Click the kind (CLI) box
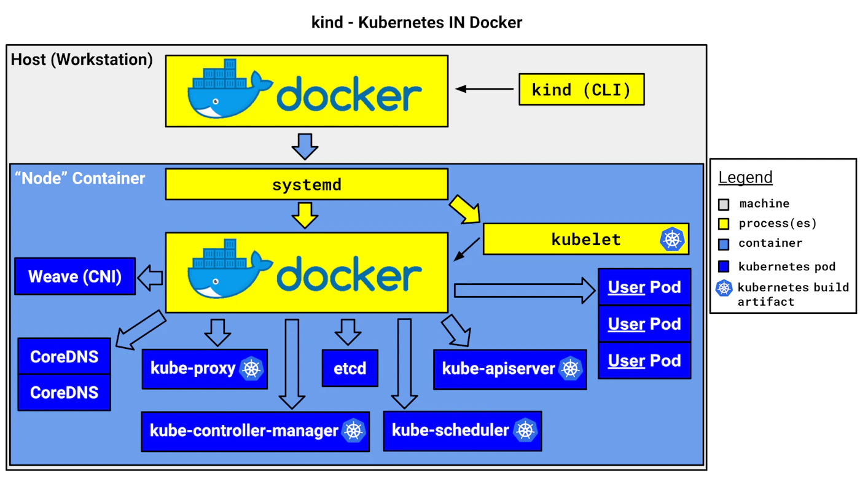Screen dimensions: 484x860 [x=581, y=90]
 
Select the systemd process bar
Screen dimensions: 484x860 [x=306, y=185]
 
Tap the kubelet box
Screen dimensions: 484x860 [x=585, y=239]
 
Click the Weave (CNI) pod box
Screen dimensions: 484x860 [x=75, y=276]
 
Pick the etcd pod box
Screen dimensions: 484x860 [x=350, y=369]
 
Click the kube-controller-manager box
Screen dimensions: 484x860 [x=255, y=431]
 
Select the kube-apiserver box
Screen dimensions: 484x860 [x=509, y=369]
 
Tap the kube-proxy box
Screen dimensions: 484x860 [x=205, y=369]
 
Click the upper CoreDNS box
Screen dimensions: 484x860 [x=64, y=356]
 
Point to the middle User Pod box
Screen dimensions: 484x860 [x=644, y=324]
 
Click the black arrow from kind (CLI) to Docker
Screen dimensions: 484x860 [x=485, y=90]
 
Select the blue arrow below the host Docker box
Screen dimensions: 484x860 [x=305, y=145]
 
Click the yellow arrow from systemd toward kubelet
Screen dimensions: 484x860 [x=465, y=209]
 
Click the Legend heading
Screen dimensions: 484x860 [x=745, y=178]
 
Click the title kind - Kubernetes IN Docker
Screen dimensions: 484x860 [x=417, y=23]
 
